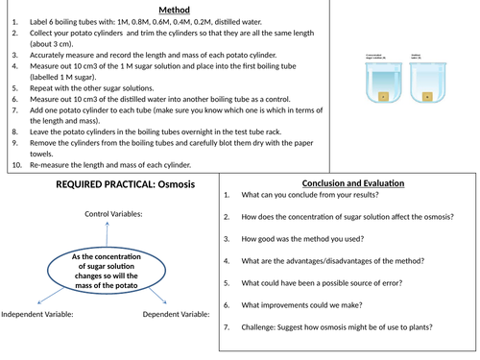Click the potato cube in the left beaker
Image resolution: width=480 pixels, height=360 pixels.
click(381, 95)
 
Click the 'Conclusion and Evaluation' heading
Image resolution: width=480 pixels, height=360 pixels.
click(349, 183)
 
